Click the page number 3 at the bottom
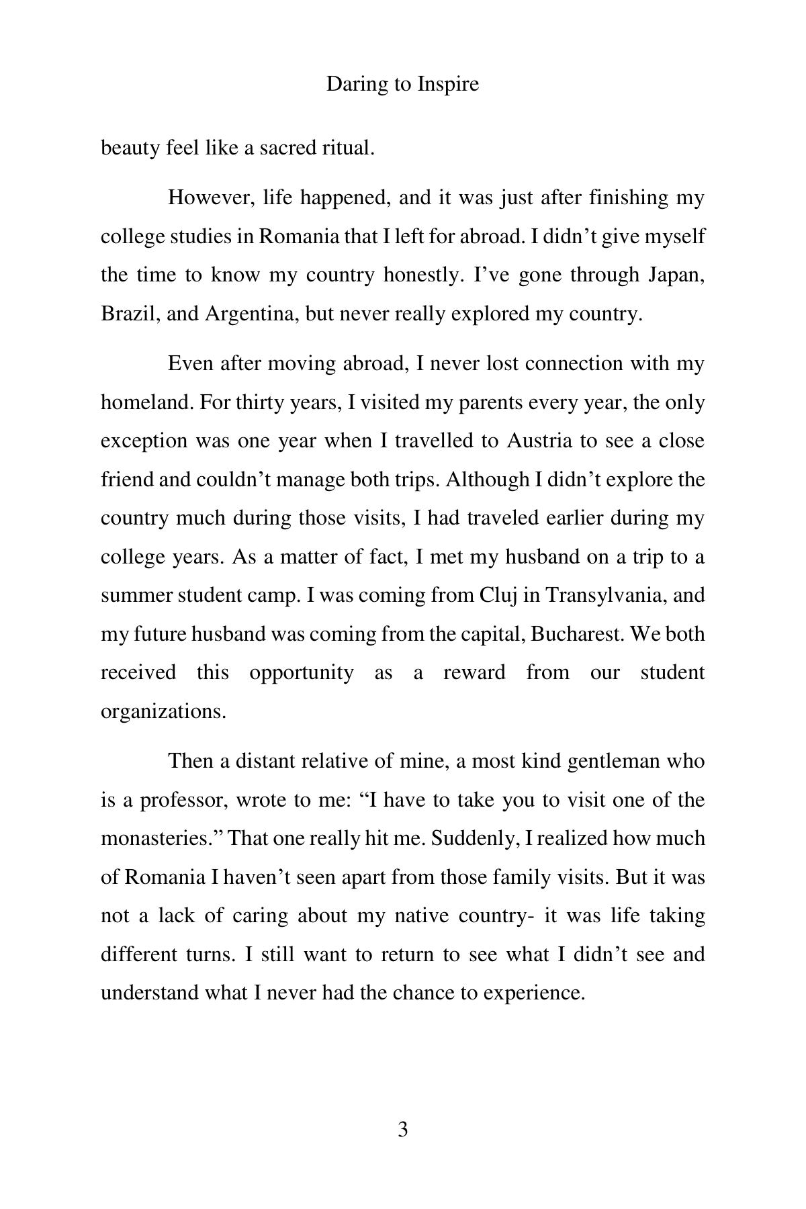403,1130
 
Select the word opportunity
301,673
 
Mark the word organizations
163,711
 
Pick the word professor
182,800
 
